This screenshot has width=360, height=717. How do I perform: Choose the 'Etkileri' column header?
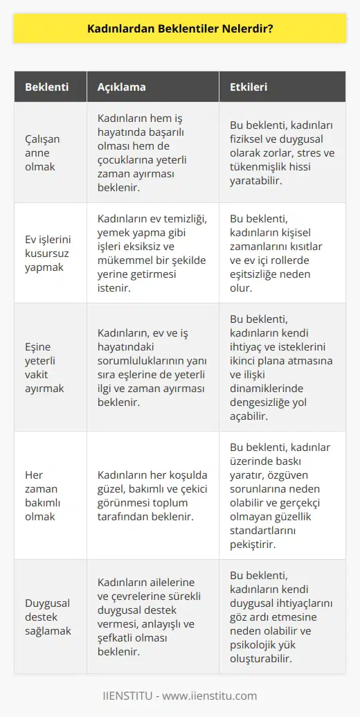[249, 88]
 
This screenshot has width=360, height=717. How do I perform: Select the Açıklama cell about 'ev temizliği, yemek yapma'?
[151, 253]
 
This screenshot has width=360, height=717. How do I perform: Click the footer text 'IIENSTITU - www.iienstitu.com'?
[180, 696]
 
